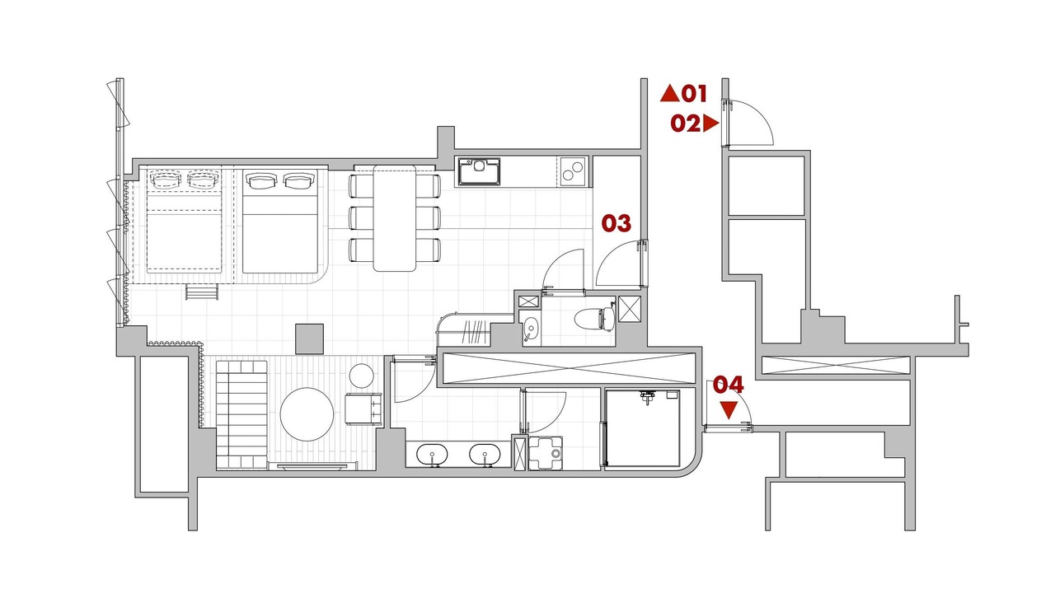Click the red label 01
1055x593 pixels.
(694, 94)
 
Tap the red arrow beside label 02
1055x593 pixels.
(710, 124)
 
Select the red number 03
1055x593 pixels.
(617, 223)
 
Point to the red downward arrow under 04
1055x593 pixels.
(729, 410)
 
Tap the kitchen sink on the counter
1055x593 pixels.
(479, 171)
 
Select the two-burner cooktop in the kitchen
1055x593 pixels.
(573, 170)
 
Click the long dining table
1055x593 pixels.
(395, 218)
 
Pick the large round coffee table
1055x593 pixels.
(307, 414)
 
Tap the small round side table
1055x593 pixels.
(362, 376)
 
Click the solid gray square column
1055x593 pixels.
(309, 339)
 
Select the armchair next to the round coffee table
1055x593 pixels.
(363, 409)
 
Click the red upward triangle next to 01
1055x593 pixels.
(669, 93)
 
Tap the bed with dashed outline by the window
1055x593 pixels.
(184, 222)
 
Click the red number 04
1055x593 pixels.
(728, 385)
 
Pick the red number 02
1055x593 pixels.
(686, 124)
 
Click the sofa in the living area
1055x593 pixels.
(241, 414)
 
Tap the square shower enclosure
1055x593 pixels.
(642, 427)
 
